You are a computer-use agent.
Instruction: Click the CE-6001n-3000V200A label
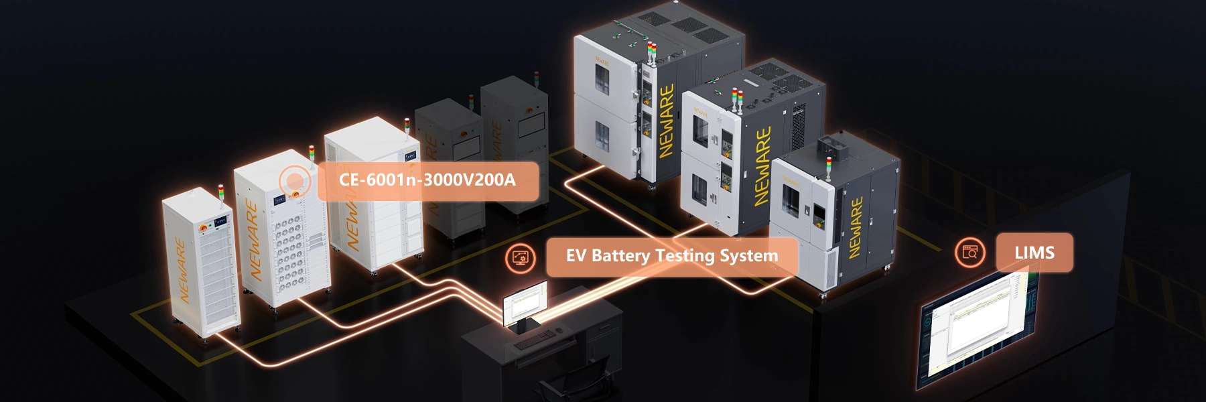pyautogui.click(x=427, y=180)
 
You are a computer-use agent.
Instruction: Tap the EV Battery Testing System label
pyautogui.click(x=671, y=256)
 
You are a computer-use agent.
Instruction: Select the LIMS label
pyautogui.click(x=1034, y=253)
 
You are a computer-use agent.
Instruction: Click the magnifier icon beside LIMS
pyautogui.click(x=970, y=253)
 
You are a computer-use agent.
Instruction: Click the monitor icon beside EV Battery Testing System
pyautogui.click(x=520, y=257)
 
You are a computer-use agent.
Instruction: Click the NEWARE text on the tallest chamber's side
pyautogui.click(x=666, y=121)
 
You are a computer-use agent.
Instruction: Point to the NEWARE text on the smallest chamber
pyautogui.click(x=856, y=228)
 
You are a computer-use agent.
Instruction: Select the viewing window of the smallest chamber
pyautogui.click(x=791, y=202)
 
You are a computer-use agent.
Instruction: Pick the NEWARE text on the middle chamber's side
pyautogui.click(x=762, y=166)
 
